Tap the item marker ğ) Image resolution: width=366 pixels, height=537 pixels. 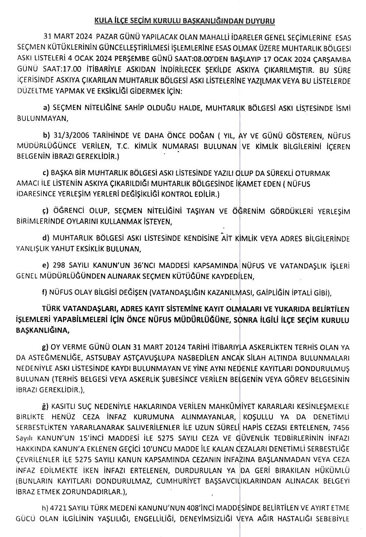pos(46,406)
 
